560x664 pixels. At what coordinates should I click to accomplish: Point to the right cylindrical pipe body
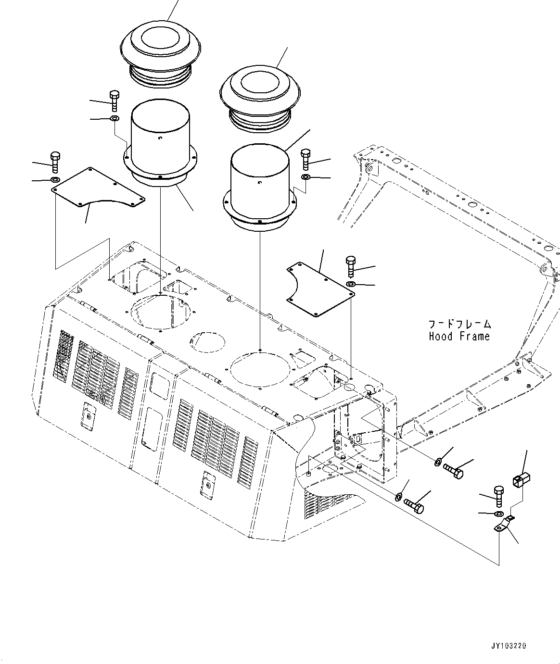[x=260, y=183]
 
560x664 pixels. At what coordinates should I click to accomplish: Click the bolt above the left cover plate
[x=54, y=162]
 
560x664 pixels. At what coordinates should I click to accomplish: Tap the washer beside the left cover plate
[x=55, y=180]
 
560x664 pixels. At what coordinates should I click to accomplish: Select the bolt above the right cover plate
[x=350, y=267]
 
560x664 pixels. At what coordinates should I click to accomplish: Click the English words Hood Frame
[x=459, y=337]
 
